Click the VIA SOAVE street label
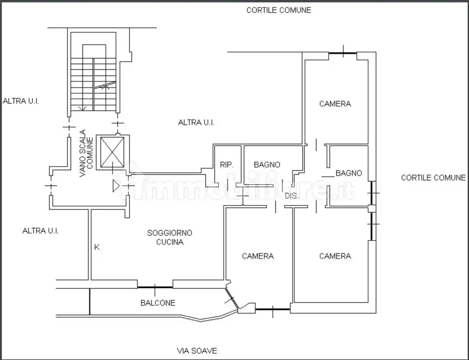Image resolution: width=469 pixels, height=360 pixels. tap(197, 351)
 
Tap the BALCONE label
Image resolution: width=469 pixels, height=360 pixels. tap(158, 303)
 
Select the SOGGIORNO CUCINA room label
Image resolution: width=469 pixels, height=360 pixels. tap(170, 237)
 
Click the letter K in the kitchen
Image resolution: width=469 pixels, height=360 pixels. tap(97, 247)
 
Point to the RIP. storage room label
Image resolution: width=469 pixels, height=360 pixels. tap(227, 165)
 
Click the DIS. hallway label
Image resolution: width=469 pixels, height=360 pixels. tap(292, 196)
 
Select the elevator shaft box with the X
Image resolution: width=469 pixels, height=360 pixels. tap(112, 152)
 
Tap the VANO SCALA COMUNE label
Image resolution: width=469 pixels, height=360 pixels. tap(86, 153)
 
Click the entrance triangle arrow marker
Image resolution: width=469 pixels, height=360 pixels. tap(116, 186)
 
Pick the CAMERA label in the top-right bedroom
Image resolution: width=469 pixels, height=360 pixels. tap(335, 104)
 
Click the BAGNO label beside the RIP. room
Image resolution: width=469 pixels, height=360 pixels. tap(267, 165)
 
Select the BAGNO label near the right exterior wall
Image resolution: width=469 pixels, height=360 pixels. tap(349, 173)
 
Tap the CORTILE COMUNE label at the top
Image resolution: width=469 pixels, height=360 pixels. tap(279, 10)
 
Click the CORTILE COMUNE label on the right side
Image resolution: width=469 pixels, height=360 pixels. tap(433, 178)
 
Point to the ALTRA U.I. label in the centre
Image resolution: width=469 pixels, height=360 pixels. tap(196, 123)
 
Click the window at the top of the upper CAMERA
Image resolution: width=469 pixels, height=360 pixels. tap(343, 53)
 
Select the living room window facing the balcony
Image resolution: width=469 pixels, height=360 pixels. tap(155, 287)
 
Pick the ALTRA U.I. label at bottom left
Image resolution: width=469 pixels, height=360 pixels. tap(40, 231)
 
